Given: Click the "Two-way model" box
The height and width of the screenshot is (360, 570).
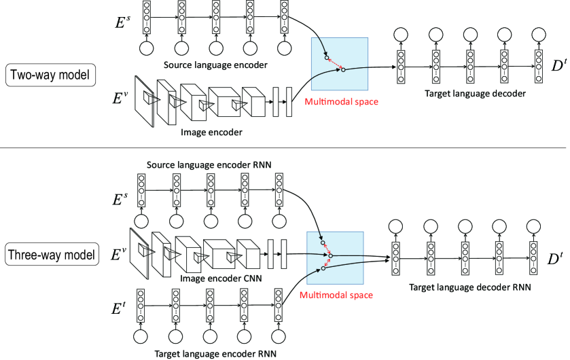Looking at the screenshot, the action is pyautogui.click(x=50, y=75).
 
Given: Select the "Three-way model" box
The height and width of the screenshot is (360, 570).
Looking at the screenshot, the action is pyautogui.click(x=52, y=254).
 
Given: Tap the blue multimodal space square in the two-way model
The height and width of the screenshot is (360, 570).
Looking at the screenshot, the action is pyautogui.click(x=340, y=64).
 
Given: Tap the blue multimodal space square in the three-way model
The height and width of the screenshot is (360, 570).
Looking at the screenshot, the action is pyautogui.click(x=335, y=258).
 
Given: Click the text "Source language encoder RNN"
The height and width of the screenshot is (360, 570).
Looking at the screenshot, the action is pyautogui.click(x=209, y=165).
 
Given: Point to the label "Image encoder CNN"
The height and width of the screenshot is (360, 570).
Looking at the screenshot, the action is pyautogui.click(x=221, y=278).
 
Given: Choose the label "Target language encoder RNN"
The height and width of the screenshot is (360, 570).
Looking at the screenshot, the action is pyautogui.click(x=215, y=353).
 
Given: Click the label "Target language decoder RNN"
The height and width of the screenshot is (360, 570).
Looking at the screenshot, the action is pyautogui.click(x=470, y=287).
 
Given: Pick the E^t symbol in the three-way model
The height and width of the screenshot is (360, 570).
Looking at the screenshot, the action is pyautogui.click(x=118, y=308).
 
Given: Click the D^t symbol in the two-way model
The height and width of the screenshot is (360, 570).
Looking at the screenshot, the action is pyautogui.click(x=559, y=65).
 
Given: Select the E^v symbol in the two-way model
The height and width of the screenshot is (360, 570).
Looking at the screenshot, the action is pyautogui.click(x=120, y=97).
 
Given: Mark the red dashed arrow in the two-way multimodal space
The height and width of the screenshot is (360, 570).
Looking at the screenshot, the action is pyautogui.click(x=335, y=64).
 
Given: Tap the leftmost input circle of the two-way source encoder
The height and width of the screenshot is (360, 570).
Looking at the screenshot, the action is pyautogui.click(x=147, y=48).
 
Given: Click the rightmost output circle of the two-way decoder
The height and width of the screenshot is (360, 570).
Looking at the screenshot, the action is pyautogui.click(x=538, y=35).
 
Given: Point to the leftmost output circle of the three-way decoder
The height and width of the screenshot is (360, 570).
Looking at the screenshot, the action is pyautogui.click(x=395, y=227).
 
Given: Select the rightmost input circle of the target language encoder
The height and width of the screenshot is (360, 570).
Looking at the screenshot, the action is pyautogui.click(x=279, y=336).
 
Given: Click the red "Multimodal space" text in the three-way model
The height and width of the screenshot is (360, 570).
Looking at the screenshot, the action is pyautogui.click(x=336, y=295).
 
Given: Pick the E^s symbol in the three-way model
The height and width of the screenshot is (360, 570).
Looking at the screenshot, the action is pyautogui.click(x=120, y=200).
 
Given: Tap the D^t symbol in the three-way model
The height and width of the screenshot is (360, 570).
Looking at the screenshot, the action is pyautogui.click(x=555, y=259).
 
